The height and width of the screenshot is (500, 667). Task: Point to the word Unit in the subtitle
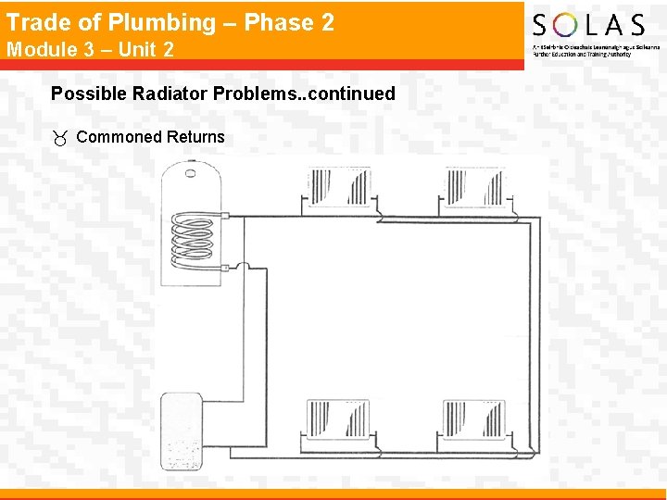tap(134, 49)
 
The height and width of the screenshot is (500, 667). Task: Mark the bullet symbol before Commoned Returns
tap(60, 138)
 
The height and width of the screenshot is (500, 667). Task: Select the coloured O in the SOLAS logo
tap(566, 24)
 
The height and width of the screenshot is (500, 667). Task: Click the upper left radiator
tap(337, 187)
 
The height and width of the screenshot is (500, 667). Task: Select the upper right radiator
tap(473, 187)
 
